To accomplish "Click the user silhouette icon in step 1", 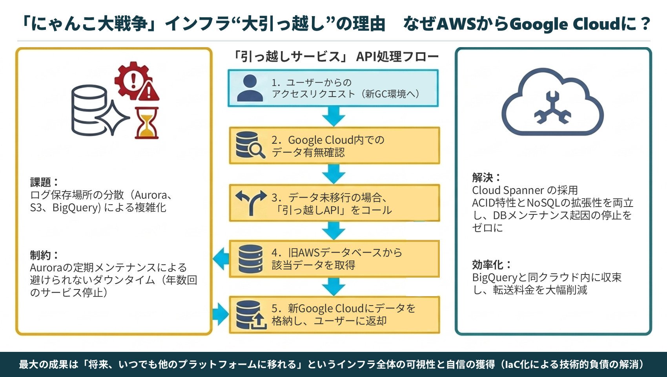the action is [x=250, y=88].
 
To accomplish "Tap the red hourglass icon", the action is [x=146, y=123].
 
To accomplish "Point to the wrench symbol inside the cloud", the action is [x=552, y=108].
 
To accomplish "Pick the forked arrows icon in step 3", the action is [x=251, y=203].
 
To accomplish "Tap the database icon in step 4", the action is [x=250, y=259].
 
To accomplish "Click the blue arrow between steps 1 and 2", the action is [x=333, y=116].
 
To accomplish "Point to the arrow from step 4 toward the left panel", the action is [x=221, y=259].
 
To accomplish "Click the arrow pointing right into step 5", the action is [x=221, y=315].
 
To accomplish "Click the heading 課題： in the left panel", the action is [x=44, y=182].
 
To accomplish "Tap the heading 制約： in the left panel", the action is [x=44, y=255].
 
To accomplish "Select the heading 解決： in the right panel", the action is [x=486, y=178].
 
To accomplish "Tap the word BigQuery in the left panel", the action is [x=77, y=208].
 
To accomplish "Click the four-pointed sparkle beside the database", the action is [x=112, y=118].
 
